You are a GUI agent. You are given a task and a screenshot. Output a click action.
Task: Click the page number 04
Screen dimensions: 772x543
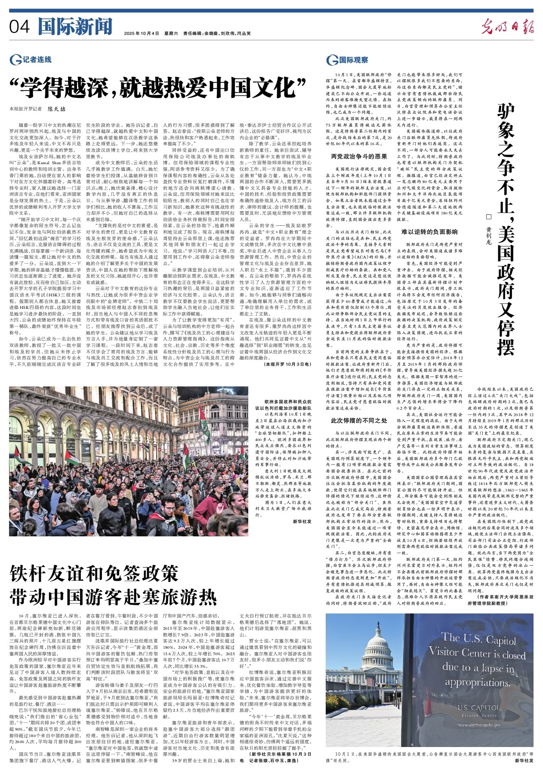click(20, 27)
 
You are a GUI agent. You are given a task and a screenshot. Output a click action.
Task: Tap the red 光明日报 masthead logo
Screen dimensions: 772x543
click(507, 27)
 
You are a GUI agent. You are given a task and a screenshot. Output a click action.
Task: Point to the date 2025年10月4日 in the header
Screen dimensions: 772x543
click(142, 33)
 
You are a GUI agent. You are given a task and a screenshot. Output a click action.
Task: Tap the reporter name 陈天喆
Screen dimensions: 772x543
click(56, 109)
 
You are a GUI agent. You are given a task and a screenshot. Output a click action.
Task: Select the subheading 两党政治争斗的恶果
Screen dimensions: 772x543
click(359, 156)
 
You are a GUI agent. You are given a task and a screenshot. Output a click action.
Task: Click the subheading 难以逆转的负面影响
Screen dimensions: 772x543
click(429, 232)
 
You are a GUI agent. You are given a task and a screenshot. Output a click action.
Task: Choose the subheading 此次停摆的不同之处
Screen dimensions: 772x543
click(359, 420)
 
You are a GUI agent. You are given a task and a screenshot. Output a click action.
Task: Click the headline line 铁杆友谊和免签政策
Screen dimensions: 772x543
click(94, 573)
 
